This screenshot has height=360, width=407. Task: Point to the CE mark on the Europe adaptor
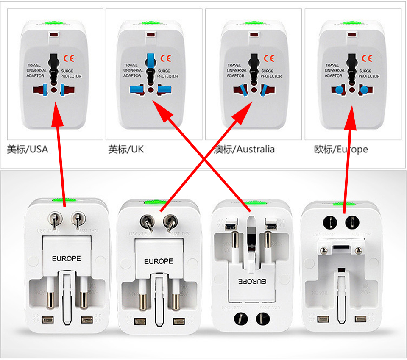[x=366, y=58]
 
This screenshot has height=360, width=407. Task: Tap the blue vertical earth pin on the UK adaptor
[x=151, y=60]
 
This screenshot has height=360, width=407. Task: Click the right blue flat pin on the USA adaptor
[x=64, y=89]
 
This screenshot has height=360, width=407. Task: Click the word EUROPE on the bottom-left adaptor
[x=66, y=258]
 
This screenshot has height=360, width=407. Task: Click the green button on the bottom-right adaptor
[x=343, y=205]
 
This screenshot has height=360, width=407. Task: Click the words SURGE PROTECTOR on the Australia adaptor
[x=271, y=74]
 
